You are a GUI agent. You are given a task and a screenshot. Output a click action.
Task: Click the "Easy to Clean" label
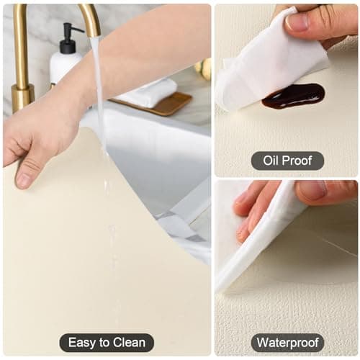pyautogui.click(x=107, y=343)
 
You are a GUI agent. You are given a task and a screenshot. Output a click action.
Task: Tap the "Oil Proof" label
pyautogui.click(x=287, y=160)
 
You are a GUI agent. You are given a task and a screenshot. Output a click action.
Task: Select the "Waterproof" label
pyautogui.click(x=287, y=343)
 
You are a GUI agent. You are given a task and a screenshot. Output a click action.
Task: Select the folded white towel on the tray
pyautogui.click(x=151, y=92)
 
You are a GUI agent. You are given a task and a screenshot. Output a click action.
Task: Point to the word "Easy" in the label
pyautogui.click(x=80, y=343)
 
